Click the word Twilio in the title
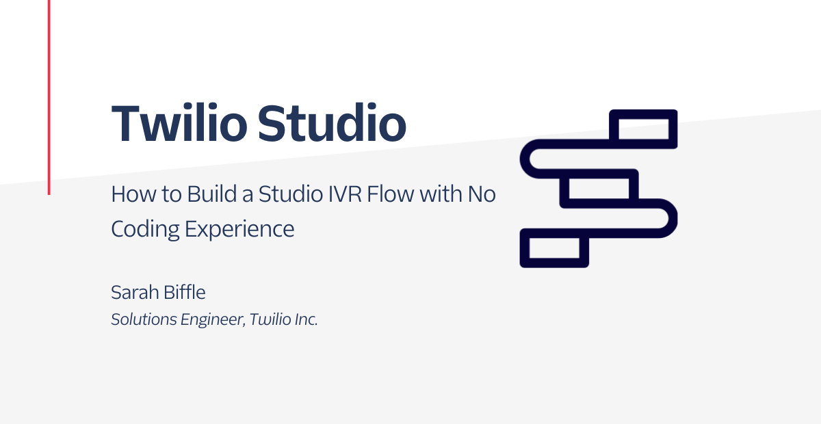pyautogui.click(x=179, y=123)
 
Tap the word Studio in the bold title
pyautogui.click(x=332, y=123)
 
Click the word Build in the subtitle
pyautogui.click(x=212, y=194)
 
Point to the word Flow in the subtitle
pyautogui.click(x=391, y=194)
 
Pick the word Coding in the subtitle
pyautogui.click(x=145, y=229)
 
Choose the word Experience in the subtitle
pyautogui.click(x=239, y=229)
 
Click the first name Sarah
pyautogui.click(x=135, y=293)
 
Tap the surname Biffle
pyautogui.click(x=184, y=292)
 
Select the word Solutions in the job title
pyautogui.click(x=144, y=319)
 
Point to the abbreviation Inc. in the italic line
pyautogui.click(x=307, y=319)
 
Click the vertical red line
pyautogui.click(x=49, y=97)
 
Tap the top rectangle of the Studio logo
pyautogui.click(x=643, y=114)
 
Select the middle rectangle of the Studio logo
pyautogui.click(x=599, y=174)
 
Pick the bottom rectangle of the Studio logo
pyautogui.click(x=554, y=263)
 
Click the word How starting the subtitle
pyautogui.click(x=133, y=194)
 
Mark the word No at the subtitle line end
pyautogui.click(x=482, y=194)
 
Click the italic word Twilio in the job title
pyautogui.click(x=270, y=319)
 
